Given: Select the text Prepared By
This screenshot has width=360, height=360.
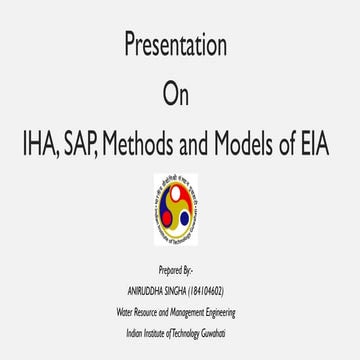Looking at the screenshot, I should (179, 270).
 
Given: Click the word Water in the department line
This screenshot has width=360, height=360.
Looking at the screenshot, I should (124, 311).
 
